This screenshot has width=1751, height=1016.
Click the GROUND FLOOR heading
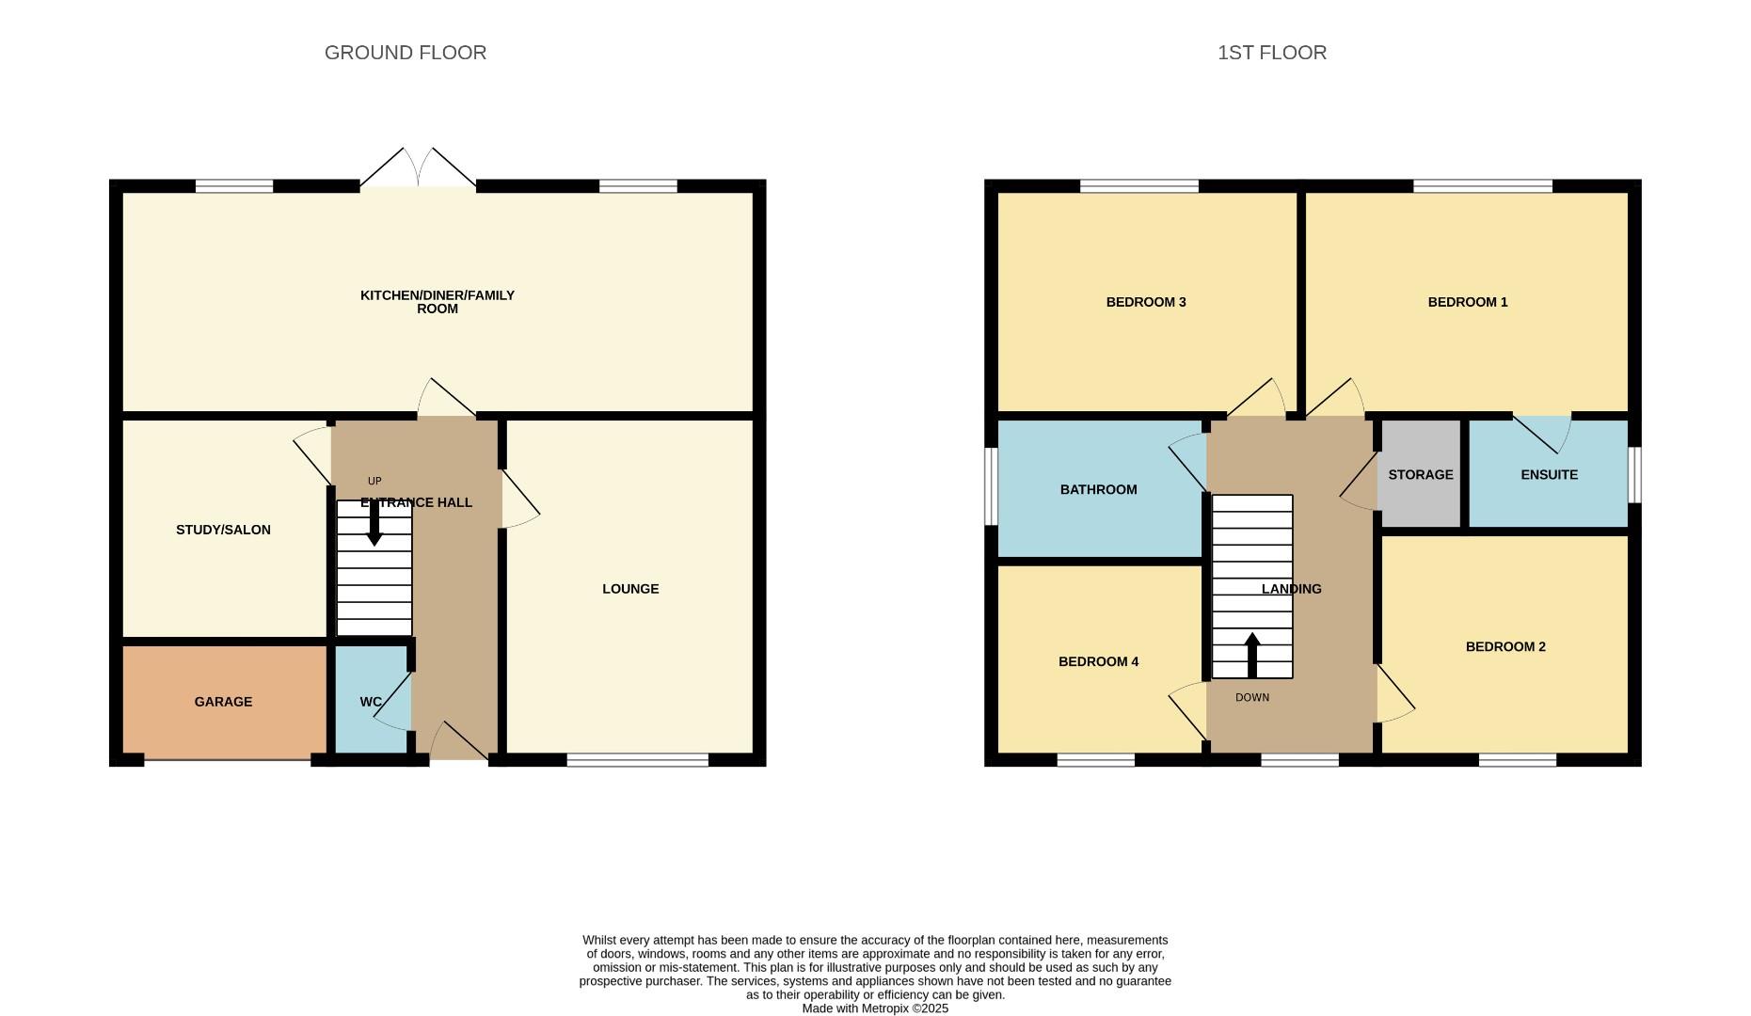click(x=406, y=53)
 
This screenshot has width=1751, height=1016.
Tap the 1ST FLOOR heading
click(x=1272, y=53)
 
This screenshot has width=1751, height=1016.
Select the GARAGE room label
click(x=223, y=702)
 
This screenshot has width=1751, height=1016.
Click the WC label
click(x=371, y=702)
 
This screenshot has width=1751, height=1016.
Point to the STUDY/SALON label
click(x=223, y=530)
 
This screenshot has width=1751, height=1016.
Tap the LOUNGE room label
click(x=630, y=589)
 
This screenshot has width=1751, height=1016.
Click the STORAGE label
click(x=1421, y=474)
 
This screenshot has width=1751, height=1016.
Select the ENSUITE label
click(x=1549, y=474)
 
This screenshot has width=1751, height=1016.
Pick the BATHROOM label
click(x=1098, y=489)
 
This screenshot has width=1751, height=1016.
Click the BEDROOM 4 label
click(x=1098, y=661)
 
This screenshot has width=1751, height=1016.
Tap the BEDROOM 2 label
click(x=1505, y=646)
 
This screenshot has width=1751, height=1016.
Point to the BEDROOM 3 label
click(x=1145, y=302)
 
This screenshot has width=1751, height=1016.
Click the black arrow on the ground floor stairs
click(x=374, y=523)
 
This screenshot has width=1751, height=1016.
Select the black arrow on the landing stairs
click(x=1251, y=656)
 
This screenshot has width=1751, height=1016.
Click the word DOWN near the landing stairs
click(x=1251, y=698)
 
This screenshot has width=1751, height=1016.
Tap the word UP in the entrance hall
click(x=374, y=481)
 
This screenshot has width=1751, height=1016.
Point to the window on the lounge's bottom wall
click(x=638, y=760)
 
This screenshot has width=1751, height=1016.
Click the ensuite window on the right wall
click(x=1635, y=474)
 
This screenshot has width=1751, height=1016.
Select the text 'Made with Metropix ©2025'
click(x=875, y=1008)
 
